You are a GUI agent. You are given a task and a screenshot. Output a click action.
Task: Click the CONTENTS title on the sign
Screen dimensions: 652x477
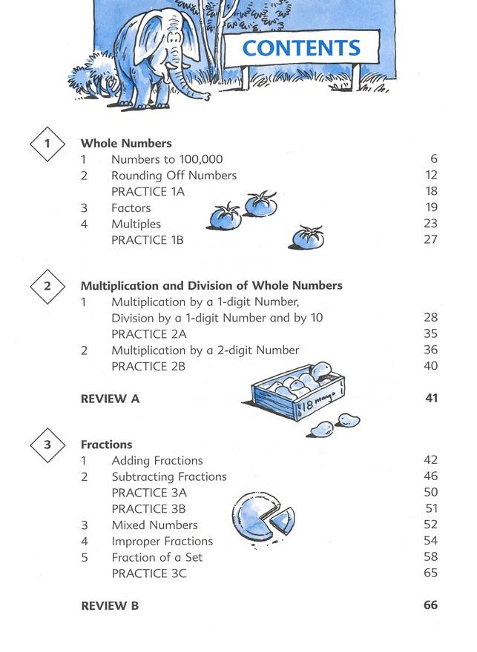301,48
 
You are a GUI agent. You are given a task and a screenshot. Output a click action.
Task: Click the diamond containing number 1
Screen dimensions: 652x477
48,144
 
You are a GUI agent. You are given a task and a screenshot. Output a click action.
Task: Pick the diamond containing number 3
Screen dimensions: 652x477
48,445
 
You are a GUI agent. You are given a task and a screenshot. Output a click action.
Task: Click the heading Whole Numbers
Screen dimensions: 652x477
126,144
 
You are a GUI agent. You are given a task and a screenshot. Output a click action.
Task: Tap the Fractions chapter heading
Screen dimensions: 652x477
106,445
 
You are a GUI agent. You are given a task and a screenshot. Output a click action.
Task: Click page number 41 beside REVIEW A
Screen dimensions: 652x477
431,399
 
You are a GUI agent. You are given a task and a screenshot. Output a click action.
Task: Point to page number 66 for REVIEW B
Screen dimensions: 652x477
430,605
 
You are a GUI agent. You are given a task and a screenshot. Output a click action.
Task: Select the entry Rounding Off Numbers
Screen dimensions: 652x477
174,176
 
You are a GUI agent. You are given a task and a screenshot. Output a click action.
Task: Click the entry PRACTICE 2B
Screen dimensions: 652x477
148,366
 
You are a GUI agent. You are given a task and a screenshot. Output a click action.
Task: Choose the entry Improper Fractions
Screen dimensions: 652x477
162,541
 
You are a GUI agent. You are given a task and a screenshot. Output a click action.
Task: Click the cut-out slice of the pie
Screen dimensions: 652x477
282,520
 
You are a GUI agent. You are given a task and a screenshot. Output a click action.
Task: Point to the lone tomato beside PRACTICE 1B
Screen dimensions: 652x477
307,239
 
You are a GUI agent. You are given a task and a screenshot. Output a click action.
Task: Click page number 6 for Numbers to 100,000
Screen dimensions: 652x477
434,159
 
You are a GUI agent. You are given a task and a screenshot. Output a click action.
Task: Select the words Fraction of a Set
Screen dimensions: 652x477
157,557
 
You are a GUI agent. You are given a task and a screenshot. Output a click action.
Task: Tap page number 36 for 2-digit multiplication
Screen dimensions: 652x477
430,350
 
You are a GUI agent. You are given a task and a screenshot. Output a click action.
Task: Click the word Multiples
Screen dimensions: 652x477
136,224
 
